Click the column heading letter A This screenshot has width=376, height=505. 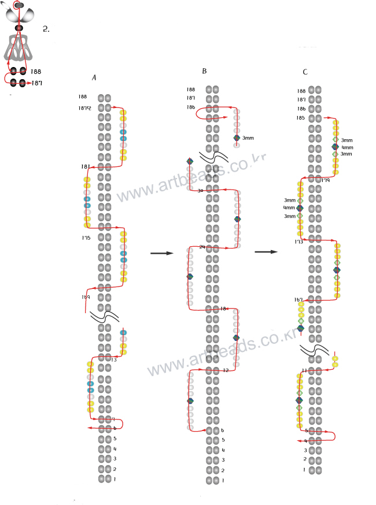pyautogui.click(x=94, y=77)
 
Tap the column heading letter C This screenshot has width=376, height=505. pyautogui.click(x=305, y=72)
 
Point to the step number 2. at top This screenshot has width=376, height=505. pyautogui.click(x=46, y=28)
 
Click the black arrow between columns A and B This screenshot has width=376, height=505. pyautogui.click(x=162, y=253)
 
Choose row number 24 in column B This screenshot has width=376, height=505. pyautogui.click(x=202, y=247)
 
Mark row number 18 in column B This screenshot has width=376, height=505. pyautogui.click(x=223, y=309)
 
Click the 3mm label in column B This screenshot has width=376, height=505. pyautogui.click(x=248, y=138)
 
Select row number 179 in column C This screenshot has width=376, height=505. pyautogui.click(x=326, y=180)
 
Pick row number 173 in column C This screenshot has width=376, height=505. pyautogui.click(x=298, y=242)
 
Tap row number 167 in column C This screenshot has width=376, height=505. pyautogui.click(x=298, y=299)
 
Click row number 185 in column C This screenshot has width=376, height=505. pyautogui.click(x=301, y=118)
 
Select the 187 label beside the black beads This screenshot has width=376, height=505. pyautogui.click(x=36, y=83)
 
